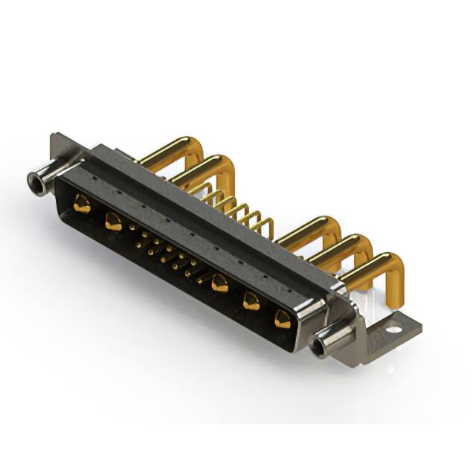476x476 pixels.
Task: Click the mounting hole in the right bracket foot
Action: tap(392, 324)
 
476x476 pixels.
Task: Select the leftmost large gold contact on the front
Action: tap(82, 203)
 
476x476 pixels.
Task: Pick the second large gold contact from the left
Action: tap(113, 220)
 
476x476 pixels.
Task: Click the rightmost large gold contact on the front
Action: tap(283, 319)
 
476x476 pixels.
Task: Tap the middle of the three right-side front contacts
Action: tap(251, 300)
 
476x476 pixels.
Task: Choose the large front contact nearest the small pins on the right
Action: tap(219, 283)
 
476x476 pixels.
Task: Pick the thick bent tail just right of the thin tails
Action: tap(312, 231)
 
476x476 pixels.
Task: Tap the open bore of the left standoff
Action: tap(33, 178)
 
